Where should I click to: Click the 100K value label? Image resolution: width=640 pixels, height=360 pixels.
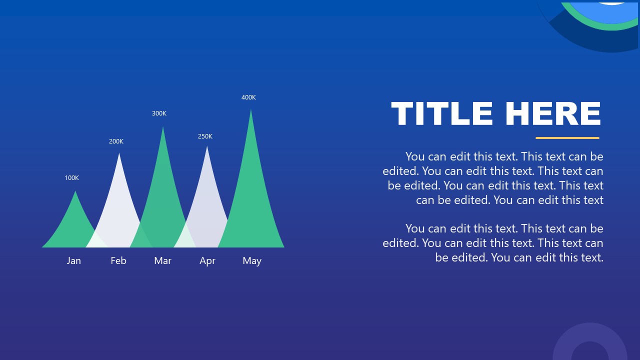(x=71, y=177)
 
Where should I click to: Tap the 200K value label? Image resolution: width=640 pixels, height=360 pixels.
(x=116, y=141)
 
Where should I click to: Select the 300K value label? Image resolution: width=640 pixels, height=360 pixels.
(x=159, y=113)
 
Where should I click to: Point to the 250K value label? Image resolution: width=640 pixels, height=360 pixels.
(x=205, y=136)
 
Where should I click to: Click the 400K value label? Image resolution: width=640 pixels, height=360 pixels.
(x=248, y=97)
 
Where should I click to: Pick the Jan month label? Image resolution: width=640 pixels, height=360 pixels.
(x=73, y=260)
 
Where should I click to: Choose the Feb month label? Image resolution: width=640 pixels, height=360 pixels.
(x=118, y=260)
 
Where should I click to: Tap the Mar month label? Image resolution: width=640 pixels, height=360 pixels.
(x=162, y=260)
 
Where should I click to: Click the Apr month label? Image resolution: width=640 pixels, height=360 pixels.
(x=207, y=261)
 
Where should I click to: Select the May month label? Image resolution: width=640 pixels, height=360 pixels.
(x=252, y=261)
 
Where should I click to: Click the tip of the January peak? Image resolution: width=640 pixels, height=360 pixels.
(x=75, y=191)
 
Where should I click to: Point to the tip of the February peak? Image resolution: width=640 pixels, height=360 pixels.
(x=119, y=153)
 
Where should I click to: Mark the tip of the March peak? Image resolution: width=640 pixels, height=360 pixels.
(x=163, y=127)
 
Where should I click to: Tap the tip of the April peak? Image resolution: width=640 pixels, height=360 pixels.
(x=207, y=146)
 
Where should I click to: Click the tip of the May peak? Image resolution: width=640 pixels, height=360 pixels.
(x=251, y=109)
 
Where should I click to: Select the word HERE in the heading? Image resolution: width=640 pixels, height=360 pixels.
(x=553, y=113)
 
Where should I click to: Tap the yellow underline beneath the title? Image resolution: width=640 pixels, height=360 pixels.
(x=567, y=138)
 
